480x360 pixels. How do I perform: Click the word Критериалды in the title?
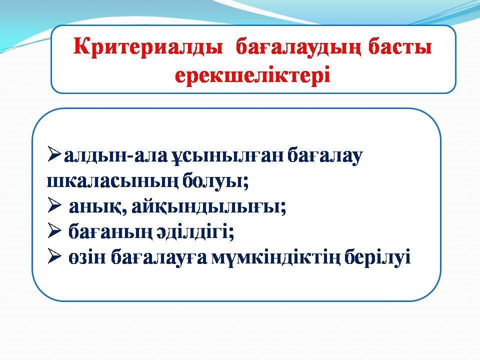pos(148,48)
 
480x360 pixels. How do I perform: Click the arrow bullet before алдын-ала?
pos(54,154)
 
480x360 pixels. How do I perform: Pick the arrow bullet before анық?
pos(54,205)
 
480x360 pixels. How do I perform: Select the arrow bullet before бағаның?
pos(54,231)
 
